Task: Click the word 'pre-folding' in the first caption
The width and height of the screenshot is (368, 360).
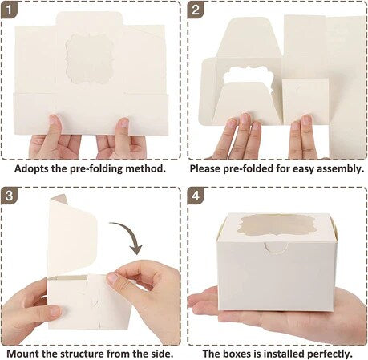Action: click(101, 169)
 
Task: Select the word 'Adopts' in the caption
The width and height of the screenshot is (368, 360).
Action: click(35, 169)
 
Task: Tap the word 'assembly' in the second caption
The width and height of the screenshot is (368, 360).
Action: click(339, 169)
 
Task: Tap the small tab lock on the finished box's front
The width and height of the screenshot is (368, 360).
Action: click(274, 256)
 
